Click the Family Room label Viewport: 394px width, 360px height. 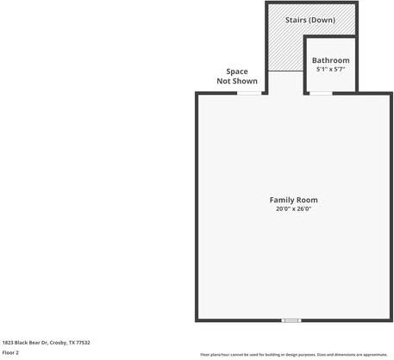coord(293,200)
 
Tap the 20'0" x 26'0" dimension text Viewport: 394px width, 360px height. coord(293,208)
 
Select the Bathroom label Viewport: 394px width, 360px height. coord(331,60)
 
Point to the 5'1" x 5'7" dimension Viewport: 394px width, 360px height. coord(331,69)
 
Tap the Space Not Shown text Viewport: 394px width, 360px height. coord(237,76)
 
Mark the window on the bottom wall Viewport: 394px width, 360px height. coord(291,320)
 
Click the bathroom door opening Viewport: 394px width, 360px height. coord(321,93)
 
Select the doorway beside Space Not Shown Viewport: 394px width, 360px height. coord(249,93)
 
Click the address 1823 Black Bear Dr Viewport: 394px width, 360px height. coord(27,342)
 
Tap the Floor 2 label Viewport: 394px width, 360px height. coord(10,352)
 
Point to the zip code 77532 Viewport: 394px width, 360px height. coord(83,342)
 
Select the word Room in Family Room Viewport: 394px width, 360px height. coord(307,200)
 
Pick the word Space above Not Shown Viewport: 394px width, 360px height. coord(237,71)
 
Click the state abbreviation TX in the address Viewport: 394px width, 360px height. coord(72,342)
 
